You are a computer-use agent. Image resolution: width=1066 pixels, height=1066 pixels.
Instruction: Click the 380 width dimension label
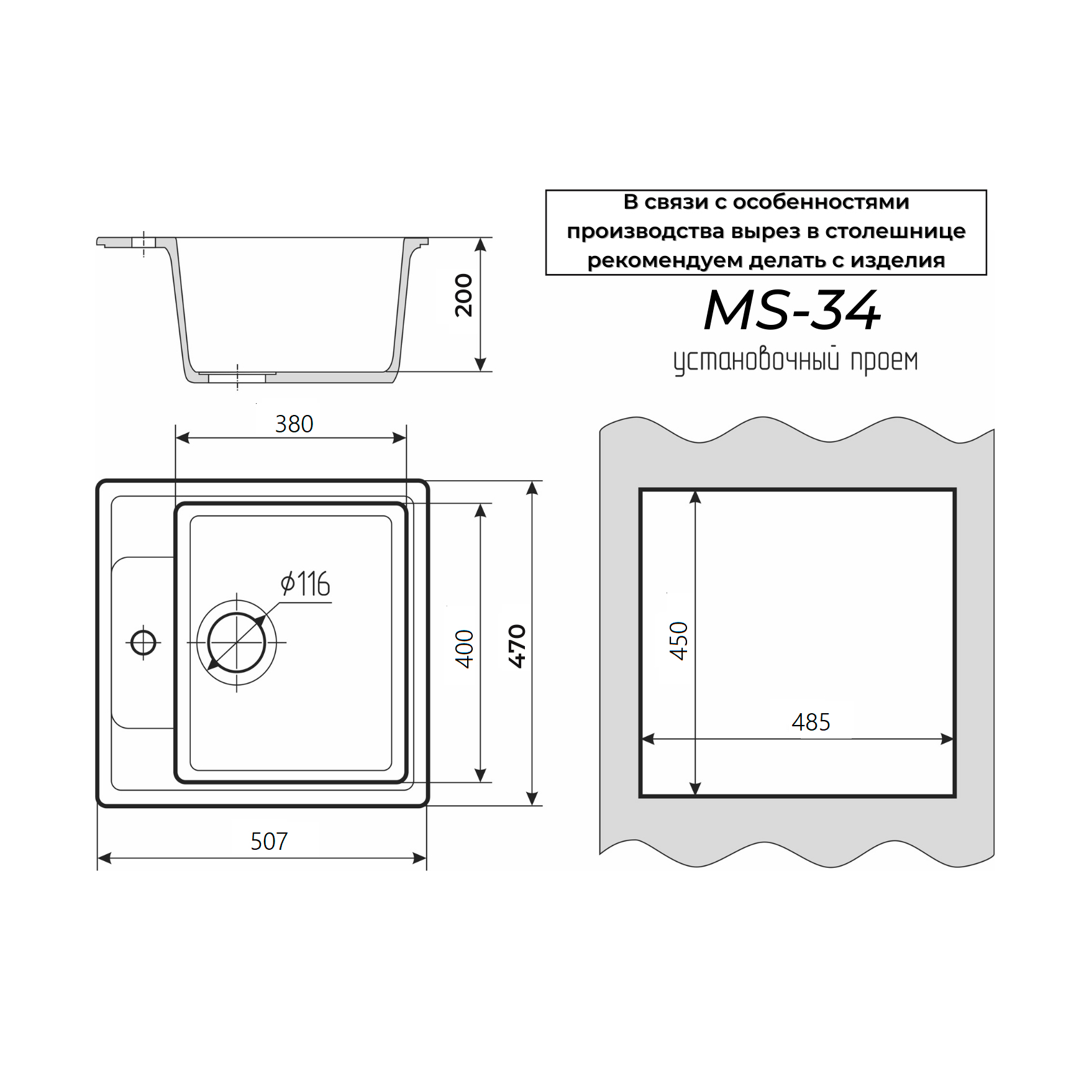tap(294, 424)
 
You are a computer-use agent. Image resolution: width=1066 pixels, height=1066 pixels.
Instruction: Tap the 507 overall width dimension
tap(269, 841)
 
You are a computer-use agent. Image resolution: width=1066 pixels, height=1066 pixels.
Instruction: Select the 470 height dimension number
tap(517, 646)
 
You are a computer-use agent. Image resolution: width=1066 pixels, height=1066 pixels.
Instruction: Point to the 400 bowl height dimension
tap(465, 649)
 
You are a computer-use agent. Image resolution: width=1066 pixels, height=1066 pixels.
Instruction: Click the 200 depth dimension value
tap(463, 296)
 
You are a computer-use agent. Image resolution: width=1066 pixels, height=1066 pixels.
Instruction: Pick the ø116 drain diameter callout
tap(305, 585)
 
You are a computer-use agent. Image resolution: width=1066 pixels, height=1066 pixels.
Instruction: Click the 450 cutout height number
tap(679, 640)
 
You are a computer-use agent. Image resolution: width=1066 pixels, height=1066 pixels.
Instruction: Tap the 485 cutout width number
tap(811, 722)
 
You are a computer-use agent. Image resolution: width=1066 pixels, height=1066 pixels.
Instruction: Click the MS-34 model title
tap(792, 310)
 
